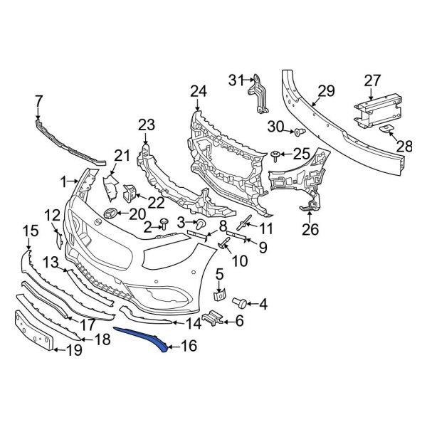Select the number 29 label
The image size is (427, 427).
(325, 90)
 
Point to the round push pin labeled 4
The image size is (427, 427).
(241, 302)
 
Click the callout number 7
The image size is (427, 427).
(38, 100)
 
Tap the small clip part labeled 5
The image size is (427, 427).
(220, 293)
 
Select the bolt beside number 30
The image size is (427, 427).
(299, 132)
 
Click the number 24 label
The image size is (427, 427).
(198, 91)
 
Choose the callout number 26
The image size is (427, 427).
(310, 229)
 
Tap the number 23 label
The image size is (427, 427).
(146, 125)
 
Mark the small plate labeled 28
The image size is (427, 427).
(386, 129)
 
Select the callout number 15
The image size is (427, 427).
(29, 230)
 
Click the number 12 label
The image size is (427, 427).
(53, 215)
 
